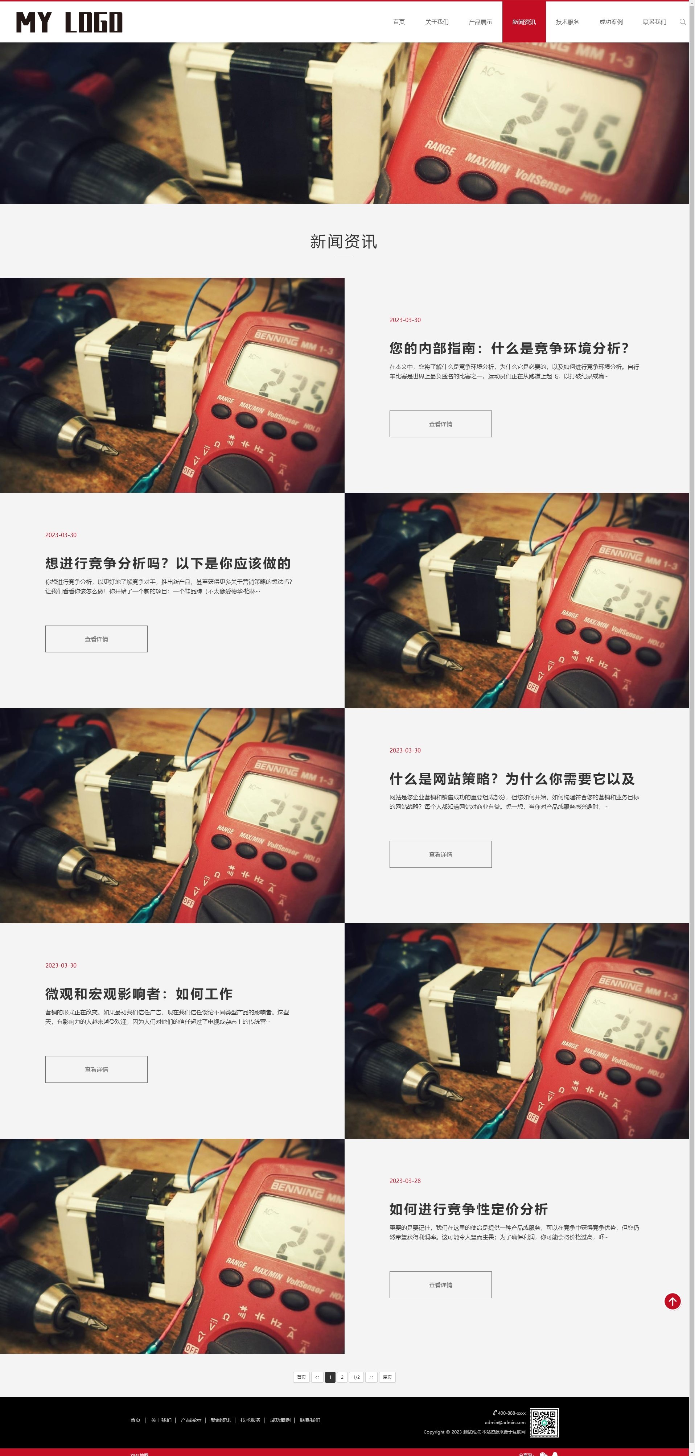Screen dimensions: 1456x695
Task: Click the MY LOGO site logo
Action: pos(69,22)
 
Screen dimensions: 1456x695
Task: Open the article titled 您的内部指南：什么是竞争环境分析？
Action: pos(509,348)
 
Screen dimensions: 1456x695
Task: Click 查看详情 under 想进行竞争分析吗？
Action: pos(96,639)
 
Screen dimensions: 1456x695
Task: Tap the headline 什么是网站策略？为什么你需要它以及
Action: pos(512,779)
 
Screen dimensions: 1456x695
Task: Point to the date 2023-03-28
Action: pos(405,1181)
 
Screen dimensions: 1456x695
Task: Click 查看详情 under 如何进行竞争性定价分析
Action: pos(440,1285)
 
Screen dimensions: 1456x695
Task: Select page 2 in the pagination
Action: pos(342,1377)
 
